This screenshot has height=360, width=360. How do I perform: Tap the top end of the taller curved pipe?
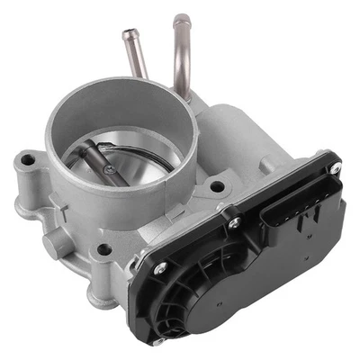point(181,19)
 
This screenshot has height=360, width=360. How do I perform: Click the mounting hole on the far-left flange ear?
point(27,161)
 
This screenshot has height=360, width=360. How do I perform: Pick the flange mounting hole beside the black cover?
point(216,187)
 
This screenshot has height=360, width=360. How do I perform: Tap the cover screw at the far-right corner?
point(335,169)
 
